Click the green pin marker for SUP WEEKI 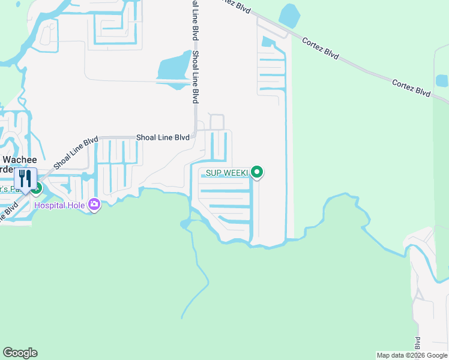tap(258, 173)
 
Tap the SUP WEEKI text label tap(227, 173)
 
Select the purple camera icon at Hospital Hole tap(94, 205)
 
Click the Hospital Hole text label tap(60, 205)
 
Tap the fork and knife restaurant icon tap(25, 178)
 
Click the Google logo tap(20, 353)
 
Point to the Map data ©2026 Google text tap(412, 355)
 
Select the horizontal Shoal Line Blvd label tap(163, 137)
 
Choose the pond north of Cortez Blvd tap(291, 16)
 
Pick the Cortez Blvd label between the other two tap(321, 49)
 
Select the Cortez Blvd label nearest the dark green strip tap(411, 87)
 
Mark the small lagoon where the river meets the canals tap(186, 224)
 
